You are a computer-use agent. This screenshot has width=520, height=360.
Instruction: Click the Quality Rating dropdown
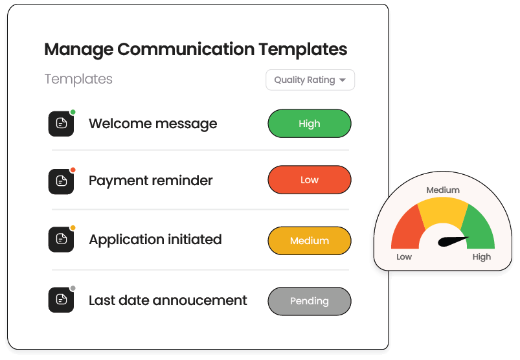point(310,80)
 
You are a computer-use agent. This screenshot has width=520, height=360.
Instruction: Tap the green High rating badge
point(310,124)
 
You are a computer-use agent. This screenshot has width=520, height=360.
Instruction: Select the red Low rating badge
point(310,180)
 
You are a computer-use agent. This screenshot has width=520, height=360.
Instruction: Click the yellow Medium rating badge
point(310,241)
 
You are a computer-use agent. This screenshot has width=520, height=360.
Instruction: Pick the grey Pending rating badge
point(310,301)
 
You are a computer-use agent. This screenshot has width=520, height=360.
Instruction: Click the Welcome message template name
point(153,124)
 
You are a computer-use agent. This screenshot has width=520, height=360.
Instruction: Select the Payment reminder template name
point(150,181)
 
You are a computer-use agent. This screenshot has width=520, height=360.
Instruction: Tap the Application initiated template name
point(155,240)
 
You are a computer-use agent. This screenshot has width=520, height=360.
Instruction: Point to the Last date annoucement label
point(168,300)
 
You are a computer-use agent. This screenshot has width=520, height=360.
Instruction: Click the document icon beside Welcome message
point(62,124)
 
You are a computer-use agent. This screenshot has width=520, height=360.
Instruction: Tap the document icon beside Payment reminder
point(62,181)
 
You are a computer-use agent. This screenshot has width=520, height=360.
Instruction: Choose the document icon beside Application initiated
point(62,240)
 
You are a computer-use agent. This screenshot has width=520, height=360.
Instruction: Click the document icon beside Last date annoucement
point(62,300)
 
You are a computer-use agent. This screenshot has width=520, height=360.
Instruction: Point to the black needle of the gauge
point(453,242)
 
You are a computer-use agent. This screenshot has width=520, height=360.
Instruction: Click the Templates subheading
point(78,79)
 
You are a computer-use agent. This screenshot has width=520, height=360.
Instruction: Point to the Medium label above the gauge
point(443,190)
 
